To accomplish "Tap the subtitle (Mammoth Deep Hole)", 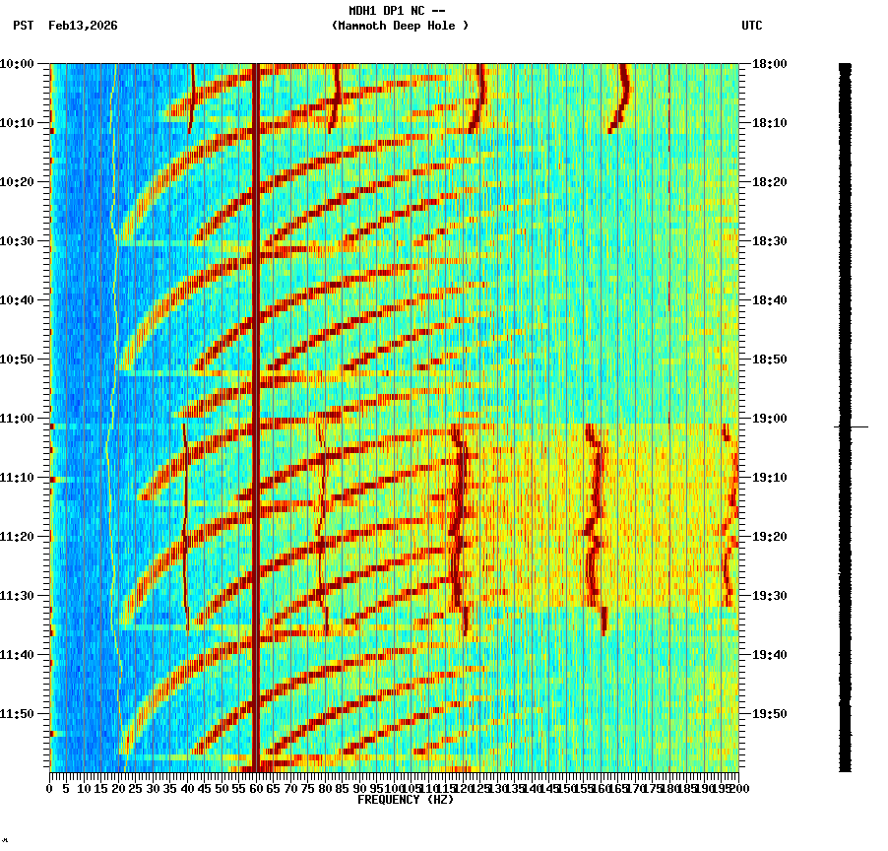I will [400, 26].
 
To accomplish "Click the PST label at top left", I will [24, 26].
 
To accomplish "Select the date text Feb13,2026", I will [83, 26].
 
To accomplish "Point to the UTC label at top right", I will [751, 26].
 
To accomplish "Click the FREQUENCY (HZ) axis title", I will [405, 800].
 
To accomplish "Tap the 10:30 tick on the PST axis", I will [18, 241].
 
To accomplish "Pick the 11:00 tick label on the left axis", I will [18, 419].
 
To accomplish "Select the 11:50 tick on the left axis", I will [18, 714].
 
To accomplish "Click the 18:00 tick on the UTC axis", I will [770, 64].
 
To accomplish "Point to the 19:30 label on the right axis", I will [770, 596].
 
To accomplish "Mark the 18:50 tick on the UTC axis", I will [770, 360].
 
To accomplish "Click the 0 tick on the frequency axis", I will [50, 789].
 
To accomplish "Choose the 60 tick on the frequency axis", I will [256, 789].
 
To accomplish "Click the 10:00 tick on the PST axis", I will [18, 64].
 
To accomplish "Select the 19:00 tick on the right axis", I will [770, 419].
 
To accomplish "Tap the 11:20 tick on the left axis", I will [18, 537].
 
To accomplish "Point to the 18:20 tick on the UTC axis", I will [770, 182].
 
